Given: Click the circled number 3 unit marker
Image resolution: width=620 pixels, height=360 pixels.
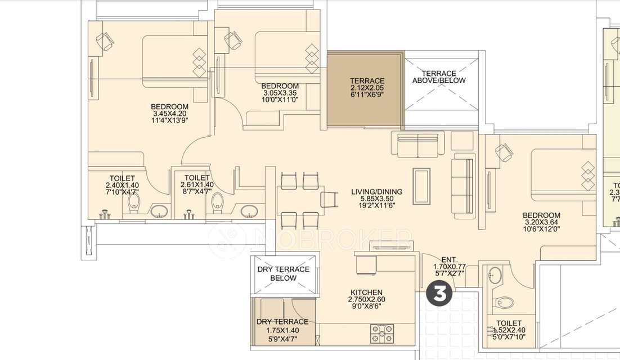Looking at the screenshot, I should click(x=441, y=294).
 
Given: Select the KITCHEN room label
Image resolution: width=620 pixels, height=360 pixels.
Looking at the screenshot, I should click(x=367, y=292).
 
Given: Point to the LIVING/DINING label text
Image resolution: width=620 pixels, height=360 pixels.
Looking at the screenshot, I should click(x=377, y=192).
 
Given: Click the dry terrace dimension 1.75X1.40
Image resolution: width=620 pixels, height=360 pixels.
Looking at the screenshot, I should click(x=282, y=330).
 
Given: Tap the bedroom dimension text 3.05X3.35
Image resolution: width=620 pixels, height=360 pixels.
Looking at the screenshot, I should click(x=280, y=93).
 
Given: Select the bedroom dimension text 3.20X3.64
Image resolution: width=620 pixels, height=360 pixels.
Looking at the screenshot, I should click(x=541, y=222).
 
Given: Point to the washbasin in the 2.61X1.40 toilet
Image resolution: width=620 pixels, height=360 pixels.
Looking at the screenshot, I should click(x=249, y=211).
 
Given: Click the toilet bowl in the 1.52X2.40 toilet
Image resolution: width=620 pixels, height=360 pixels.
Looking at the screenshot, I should click(x=506, y=303).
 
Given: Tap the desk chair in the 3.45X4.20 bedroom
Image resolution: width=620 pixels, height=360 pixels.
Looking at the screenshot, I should click(x=105, y=40).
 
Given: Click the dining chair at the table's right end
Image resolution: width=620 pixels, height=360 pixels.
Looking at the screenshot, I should click(x=329, y=199).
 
